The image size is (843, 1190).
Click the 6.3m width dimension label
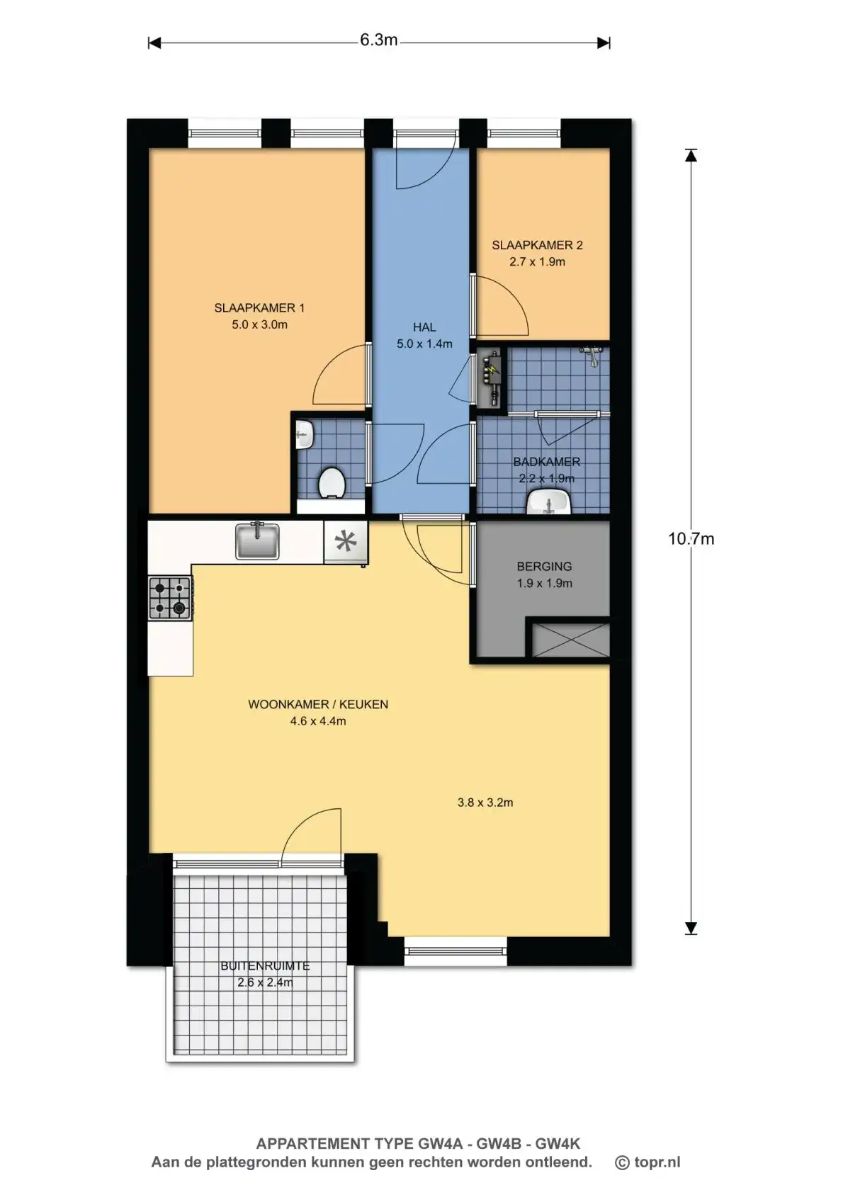pos(378,40)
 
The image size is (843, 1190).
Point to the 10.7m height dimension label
pos(691,538)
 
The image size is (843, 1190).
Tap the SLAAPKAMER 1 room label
pos(259,307)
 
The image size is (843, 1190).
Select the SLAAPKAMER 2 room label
pos(537,245)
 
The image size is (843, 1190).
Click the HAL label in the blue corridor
pos(424,327)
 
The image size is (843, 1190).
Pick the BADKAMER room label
pos(547,462)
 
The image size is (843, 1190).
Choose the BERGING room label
pos(545,567)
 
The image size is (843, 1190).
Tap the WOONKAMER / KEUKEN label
pos(318,704)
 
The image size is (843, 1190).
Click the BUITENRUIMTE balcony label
pos(265,966)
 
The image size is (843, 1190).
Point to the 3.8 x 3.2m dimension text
pos(485,802)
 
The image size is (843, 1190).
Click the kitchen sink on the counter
pos(257,540)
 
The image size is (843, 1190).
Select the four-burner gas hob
pos(170,598)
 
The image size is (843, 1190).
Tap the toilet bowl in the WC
pos(332,483)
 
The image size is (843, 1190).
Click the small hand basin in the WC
pos(305,436)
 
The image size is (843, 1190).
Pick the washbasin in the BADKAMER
pos(549,501)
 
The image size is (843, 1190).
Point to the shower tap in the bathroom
pos(592,355)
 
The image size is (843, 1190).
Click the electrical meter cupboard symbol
pos(492,376)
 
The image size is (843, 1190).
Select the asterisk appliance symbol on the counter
pos(345,541)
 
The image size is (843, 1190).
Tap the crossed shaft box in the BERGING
pos(570,640)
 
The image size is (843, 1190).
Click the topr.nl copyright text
pos(647,1162)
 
